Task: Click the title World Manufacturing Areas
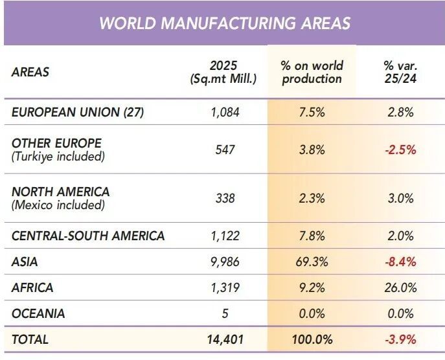pyautogui.click(x=225, y=23)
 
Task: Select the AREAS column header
pyautogui.click(x=30, y=72)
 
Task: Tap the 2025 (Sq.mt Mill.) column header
pyautogui.click(x=223, y=73)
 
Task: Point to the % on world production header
pyautogui.click(x=312, y=73)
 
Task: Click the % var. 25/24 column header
pyautogui.click(x=400, y=73)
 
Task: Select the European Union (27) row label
pyautogui.click(x=78, y=112)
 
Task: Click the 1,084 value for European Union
pyautogui.click(x=225, y=113)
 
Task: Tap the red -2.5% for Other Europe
pyautogui.click(x=400, y=150)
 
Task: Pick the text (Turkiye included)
pyautogui.click(x=58, y=156)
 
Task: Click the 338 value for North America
pyautogui.click(x=225, y=198)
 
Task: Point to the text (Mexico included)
pyautogui.click(x=58, y=205)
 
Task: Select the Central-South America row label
pyautogui.click(x=88, y=236)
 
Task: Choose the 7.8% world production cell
pyautogui.click(x=312, y=236)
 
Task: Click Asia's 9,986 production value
pyautogui.click(x=225, y=262)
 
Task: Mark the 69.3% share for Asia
pyautogui.click(x=312, y=262)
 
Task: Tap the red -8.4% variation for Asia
pyautogui.click(x=400, y=262)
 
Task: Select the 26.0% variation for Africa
pyautogui.click(x=400, y=288)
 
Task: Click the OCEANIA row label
pyautogui.click(x=38, y=314)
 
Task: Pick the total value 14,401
pyautogui.click(x=225, y=339)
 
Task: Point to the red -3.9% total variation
pyautogui.click(x=400, y=339)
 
